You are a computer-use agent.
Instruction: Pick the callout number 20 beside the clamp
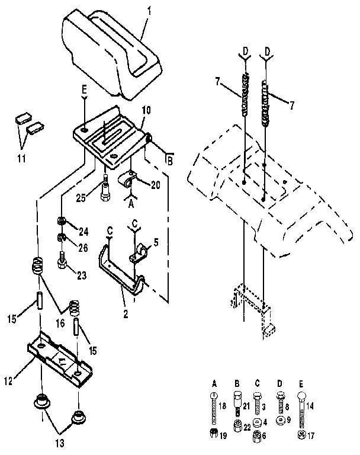click(155, 185)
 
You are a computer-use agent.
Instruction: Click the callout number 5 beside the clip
click(157, 242)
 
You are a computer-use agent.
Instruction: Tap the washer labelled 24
click(61, 222)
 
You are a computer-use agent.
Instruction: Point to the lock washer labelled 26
click(61, 239)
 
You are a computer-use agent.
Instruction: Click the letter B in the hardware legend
click(237, 383)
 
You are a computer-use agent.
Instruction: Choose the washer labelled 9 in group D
click(280, 419)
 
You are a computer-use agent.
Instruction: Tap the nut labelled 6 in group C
click(258, 437)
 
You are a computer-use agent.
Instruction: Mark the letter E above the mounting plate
click(85, 89)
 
